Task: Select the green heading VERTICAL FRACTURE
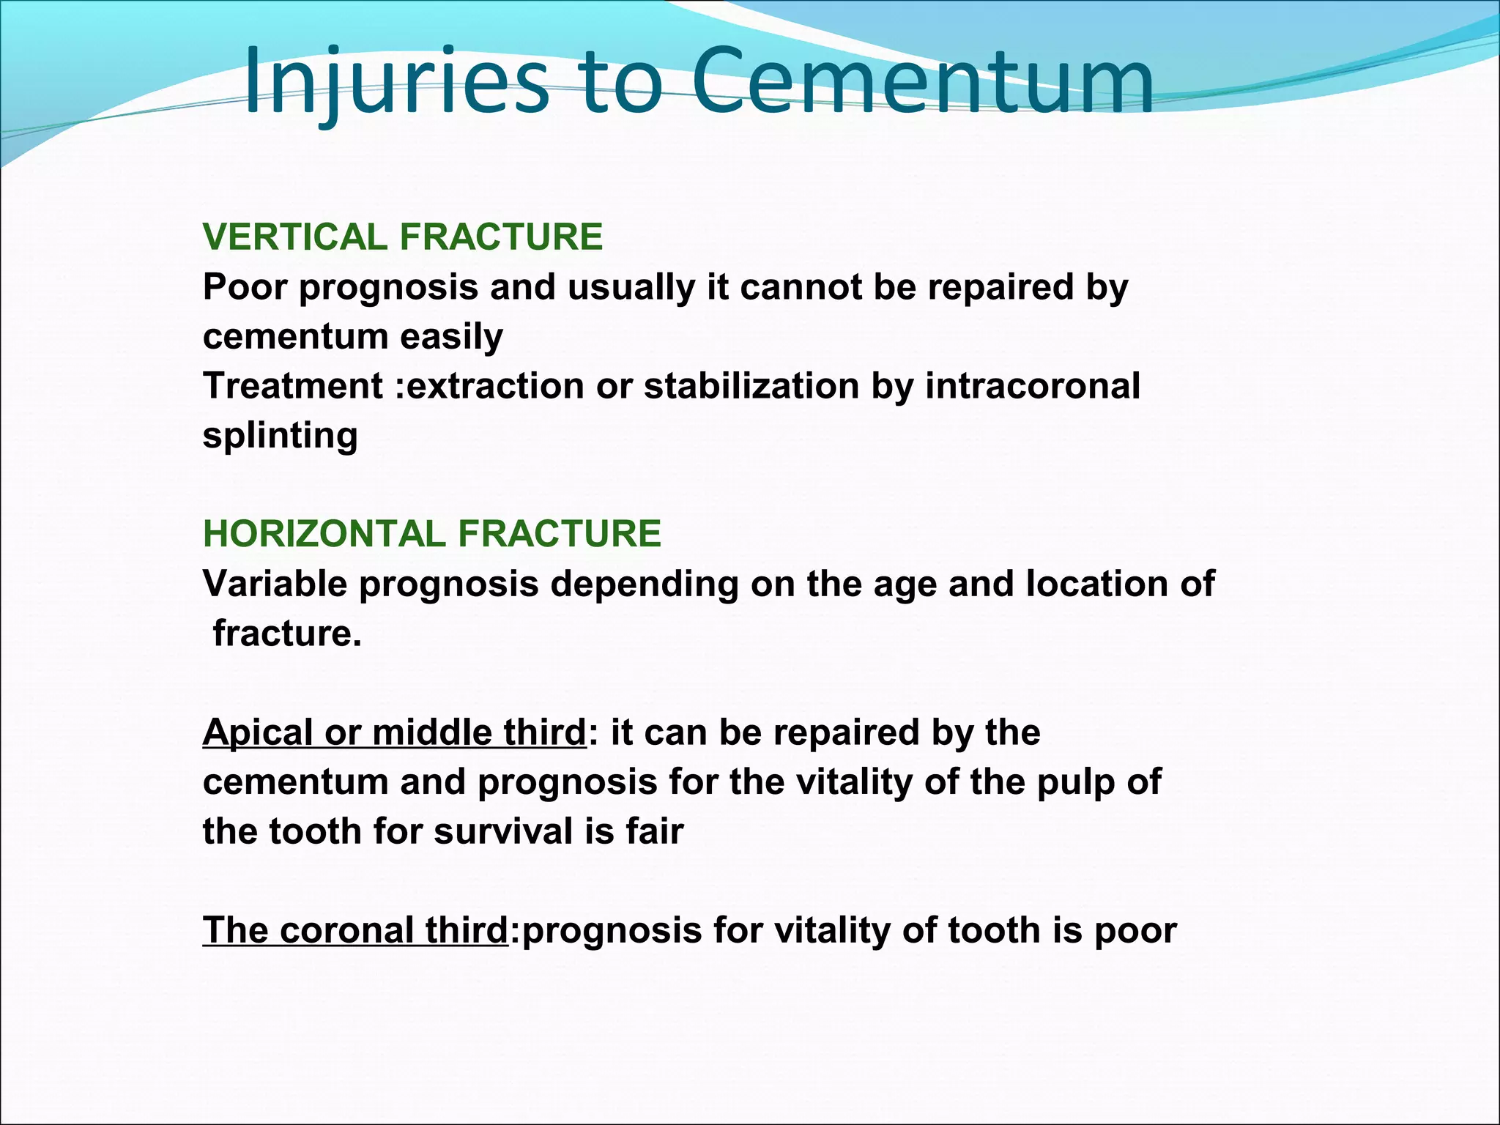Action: pos(403,237)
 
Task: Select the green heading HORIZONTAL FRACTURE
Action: pos(432,533)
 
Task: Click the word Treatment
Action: pos(293,386)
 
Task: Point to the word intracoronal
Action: pos(1032,386)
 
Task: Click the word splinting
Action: pos(280,436)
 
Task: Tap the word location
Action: pos(1096,584)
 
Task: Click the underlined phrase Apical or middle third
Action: pos(394,732)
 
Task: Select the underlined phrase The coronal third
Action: pos(355,930)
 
